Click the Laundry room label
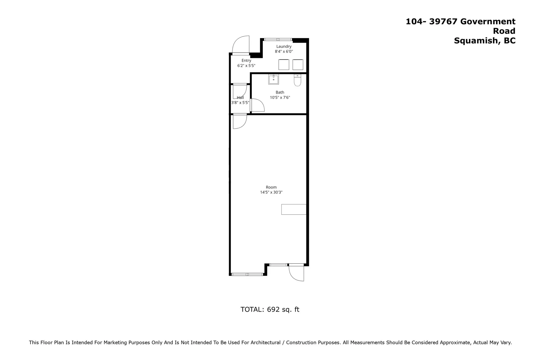(284, 46)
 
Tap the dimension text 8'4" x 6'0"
(284, 51)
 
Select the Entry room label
(246, 60)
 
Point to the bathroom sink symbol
(273, 79)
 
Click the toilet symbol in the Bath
(297, 80)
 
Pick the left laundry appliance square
(284, 64)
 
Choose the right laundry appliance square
(298, 64)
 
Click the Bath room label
(280, 92)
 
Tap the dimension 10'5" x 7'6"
(280, 98)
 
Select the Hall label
(240, 98)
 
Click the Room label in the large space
(271, 187)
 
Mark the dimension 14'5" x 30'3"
(271, 192)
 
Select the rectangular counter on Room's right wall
(294, 209)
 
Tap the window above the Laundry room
(278, 39)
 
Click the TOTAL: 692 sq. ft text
(270, 309)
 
